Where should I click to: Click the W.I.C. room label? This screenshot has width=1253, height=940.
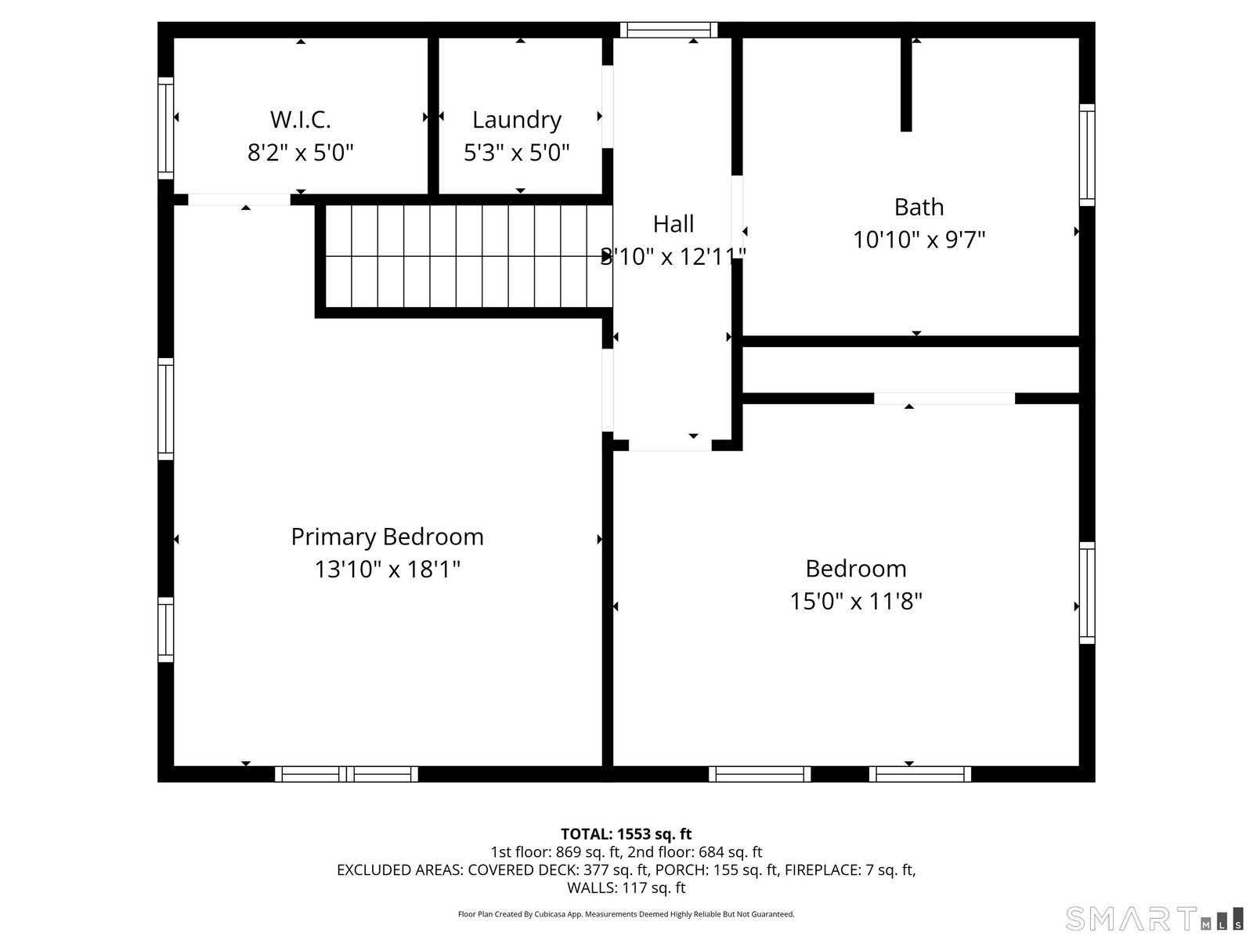[300, 119]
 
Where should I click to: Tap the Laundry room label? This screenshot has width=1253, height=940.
[517, 121]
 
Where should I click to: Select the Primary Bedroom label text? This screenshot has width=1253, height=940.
[387, 537]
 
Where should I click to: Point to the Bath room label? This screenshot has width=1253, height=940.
[919, 207]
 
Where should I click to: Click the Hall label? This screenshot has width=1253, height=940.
[673, 224]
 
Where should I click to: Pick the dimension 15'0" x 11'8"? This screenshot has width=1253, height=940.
[855, 601]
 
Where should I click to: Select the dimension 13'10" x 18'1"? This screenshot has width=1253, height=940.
[387, 569]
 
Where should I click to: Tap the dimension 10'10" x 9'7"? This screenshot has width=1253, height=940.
[919, 240]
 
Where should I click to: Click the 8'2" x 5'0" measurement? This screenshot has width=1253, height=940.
[300, 153]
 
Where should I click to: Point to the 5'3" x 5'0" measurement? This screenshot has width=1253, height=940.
[517, 153]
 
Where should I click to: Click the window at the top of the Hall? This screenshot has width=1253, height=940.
[669, 30]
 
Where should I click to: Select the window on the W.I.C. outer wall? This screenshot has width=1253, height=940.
[165, 128]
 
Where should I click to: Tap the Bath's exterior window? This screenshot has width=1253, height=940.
[1087, 154]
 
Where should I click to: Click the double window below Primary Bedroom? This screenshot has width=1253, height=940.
[346, 774]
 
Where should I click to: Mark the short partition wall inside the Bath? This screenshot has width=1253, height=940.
[906, 85]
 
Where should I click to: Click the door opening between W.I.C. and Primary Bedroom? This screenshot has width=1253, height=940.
[239, 200]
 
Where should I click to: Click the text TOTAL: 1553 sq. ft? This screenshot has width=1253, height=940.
[626, 833]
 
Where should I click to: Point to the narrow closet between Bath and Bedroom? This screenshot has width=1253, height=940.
[911, 370]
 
